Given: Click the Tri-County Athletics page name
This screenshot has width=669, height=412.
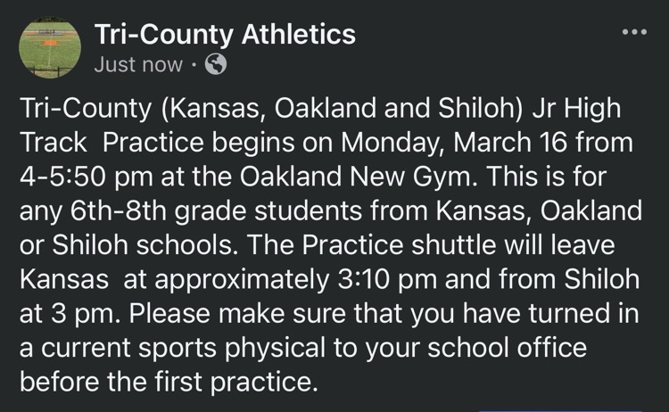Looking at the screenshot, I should [x=225, y=35].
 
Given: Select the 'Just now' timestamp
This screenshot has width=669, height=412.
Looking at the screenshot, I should [x=138, y=64].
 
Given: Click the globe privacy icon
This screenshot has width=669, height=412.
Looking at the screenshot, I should [x=216, y=64].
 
